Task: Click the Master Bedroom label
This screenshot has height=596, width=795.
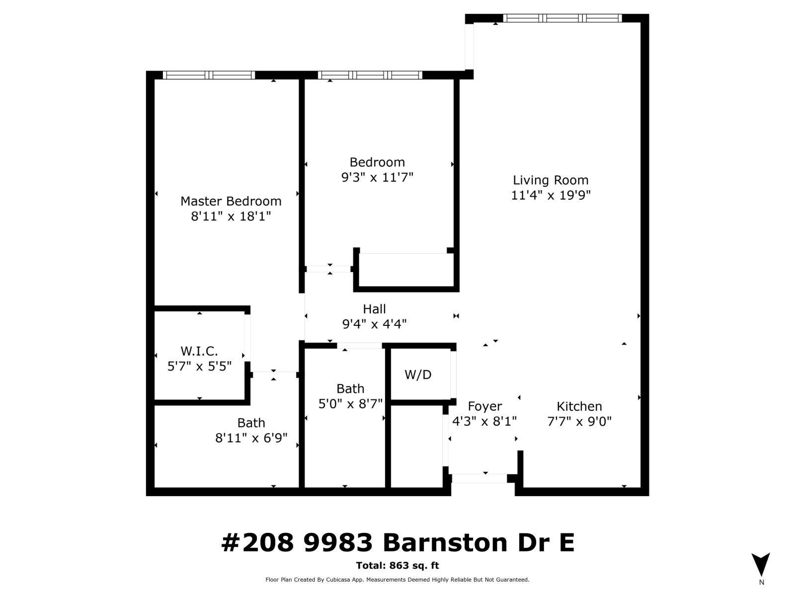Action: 231,201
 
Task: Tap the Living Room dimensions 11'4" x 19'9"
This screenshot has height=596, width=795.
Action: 551,195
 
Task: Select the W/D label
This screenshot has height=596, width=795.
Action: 418,374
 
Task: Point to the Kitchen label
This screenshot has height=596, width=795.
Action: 579,406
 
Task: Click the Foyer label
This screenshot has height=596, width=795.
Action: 484,406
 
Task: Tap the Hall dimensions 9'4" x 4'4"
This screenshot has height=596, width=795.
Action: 374,324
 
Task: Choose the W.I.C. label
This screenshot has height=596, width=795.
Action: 199,351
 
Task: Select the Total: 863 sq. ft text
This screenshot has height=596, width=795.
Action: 397,565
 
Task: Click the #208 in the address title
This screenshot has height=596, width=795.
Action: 257,542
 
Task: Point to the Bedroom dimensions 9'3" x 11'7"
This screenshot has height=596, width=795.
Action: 377,177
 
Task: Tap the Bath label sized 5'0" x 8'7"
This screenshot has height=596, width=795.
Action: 350,388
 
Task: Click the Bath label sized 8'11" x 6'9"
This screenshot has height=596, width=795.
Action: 251,423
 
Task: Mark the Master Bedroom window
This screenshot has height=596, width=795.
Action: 209,75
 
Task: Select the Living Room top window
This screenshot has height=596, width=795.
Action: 562,18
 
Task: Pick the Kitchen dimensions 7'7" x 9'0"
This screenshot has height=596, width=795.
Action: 579,422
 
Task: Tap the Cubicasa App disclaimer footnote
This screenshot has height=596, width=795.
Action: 397,580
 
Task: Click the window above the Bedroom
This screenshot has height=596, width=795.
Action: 370,75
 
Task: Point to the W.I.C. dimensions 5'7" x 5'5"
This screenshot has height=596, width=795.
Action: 199,367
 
